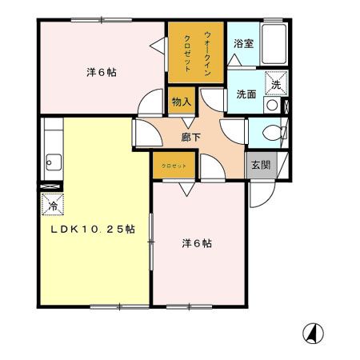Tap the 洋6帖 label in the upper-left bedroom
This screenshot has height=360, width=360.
pos(102,72)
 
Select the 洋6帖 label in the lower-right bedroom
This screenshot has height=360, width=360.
pos(196,242)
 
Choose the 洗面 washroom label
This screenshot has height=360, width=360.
pos(246,94)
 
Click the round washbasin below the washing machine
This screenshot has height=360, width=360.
pos(272,105)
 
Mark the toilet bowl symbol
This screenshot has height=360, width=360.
pos(269,131)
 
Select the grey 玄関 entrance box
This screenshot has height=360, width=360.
pos(259,165)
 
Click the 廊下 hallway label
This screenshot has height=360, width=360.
pos(190,138)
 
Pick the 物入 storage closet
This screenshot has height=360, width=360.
pos(182,102)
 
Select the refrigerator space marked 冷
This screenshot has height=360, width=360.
pos(50,203)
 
